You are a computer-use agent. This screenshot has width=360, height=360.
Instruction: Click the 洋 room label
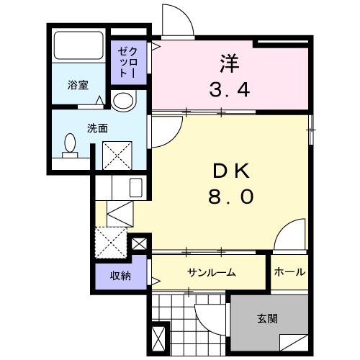(230, 63)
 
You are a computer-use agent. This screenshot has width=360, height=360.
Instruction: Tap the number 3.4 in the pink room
(230, 90)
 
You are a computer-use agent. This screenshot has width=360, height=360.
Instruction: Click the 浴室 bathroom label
(78, 86)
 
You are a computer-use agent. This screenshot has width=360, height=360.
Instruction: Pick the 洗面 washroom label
(77, 128)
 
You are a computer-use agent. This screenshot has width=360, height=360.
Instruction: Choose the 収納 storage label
(120, 276)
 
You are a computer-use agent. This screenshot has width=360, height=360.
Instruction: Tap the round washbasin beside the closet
(123, 102)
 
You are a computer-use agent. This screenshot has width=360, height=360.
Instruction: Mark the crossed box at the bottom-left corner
(159, 339)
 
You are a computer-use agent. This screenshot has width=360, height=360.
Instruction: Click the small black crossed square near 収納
(140, 243)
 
